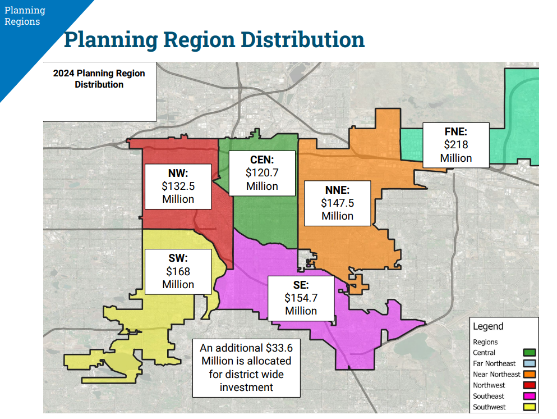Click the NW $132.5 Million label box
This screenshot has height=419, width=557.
pyautogui.click(x=178, y=186)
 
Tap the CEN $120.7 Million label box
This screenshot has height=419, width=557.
pyautogui.click(x=262, y=173)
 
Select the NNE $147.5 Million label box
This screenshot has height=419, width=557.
pyautogui.click(x=338, y=203)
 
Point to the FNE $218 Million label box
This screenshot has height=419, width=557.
pyautogui.click(x=456, y=145)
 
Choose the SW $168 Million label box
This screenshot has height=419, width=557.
pyautogui.click(x=178, y=271)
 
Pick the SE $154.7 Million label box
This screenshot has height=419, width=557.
pyautogui.click(x=301, y=298)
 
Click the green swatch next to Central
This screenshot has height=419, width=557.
pyautogui.click(x=530, y=353)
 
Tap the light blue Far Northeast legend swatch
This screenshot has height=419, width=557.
pyautogui.click(x=530, y=363)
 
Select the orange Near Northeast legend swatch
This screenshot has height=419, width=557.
pyautogui.click(x=530, y=374)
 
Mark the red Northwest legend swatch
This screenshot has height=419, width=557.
pyautogui.click(x=530, y=385)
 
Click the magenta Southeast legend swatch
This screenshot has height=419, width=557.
pyautogui.click(x=530, y=396)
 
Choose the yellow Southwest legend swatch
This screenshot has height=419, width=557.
pyautogui.click(x=530, y=407)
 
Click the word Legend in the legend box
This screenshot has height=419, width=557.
pyautogui.click(x=488, y=326)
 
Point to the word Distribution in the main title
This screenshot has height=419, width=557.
pyautogui.click(x=303, y=39)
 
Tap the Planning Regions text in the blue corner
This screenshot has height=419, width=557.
pyautogui.click(x=25, y=16)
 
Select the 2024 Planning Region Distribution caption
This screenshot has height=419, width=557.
pyautogui.click(x=99, y=79)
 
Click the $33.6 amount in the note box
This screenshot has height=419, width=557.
pyautogui.click(x=279, y=348)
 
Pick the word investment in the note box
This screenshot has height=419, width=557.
pyautogui.click(x=246, y=388)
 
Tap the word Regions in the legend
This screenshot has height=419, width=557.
pyautogui.click(x=485, y=342)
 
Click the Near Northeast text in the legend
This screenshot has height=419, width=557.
pyautogui.click(x=496, y=374)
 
